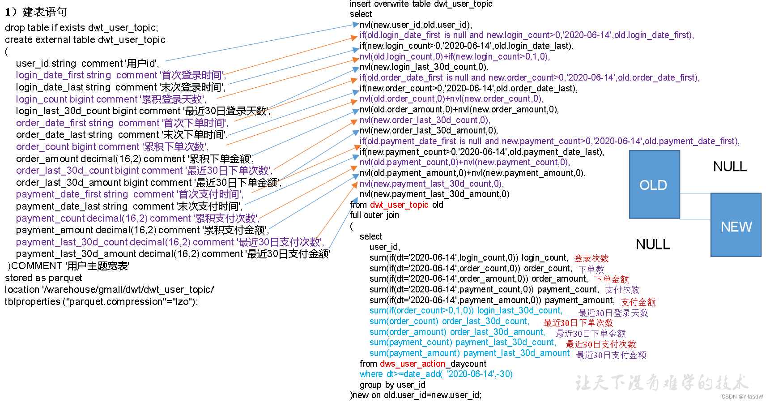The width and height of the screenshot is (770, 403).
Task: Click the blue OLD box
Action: tap(654, 184)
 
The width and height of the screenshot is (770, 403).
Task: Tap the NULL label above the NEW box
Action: tap(730, 167)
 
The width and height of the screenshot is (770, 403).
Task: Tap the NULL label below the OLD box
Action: tap(653, 244)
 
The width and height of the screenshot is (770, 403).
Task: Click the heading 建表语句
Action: tap(45, 12)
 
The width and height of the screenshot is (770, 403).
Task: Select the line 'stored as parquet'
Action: tap(43, 278)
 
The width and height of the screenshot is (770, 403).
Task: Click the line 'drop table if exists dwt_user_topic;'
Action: tap(81, 28)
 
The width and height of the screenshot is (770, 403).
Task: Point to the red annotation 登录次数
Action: tap(591, 258)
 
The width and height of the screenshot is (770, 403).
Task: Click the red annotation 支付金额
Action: tap(638, 302)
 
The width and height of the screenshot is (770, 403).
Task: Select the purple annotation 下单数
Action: tap(591, 269)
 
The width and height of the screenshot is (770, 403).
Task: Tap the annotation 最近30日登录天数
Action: tap(613, 313)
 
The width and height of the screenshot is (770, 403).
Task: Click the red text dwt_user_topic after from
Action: tap(399, 205)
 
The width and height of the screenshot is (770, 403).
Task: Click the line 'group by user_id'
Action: tap(392, 385)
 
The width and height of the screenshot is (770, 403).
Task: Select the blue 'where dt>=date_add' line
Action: tap(436, 374)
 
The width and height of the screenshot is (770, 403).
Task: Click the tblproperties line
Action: tap(101, 301)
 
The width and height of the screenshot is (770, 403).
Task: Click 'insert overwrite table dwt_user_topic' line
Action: tap(421, 4)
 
